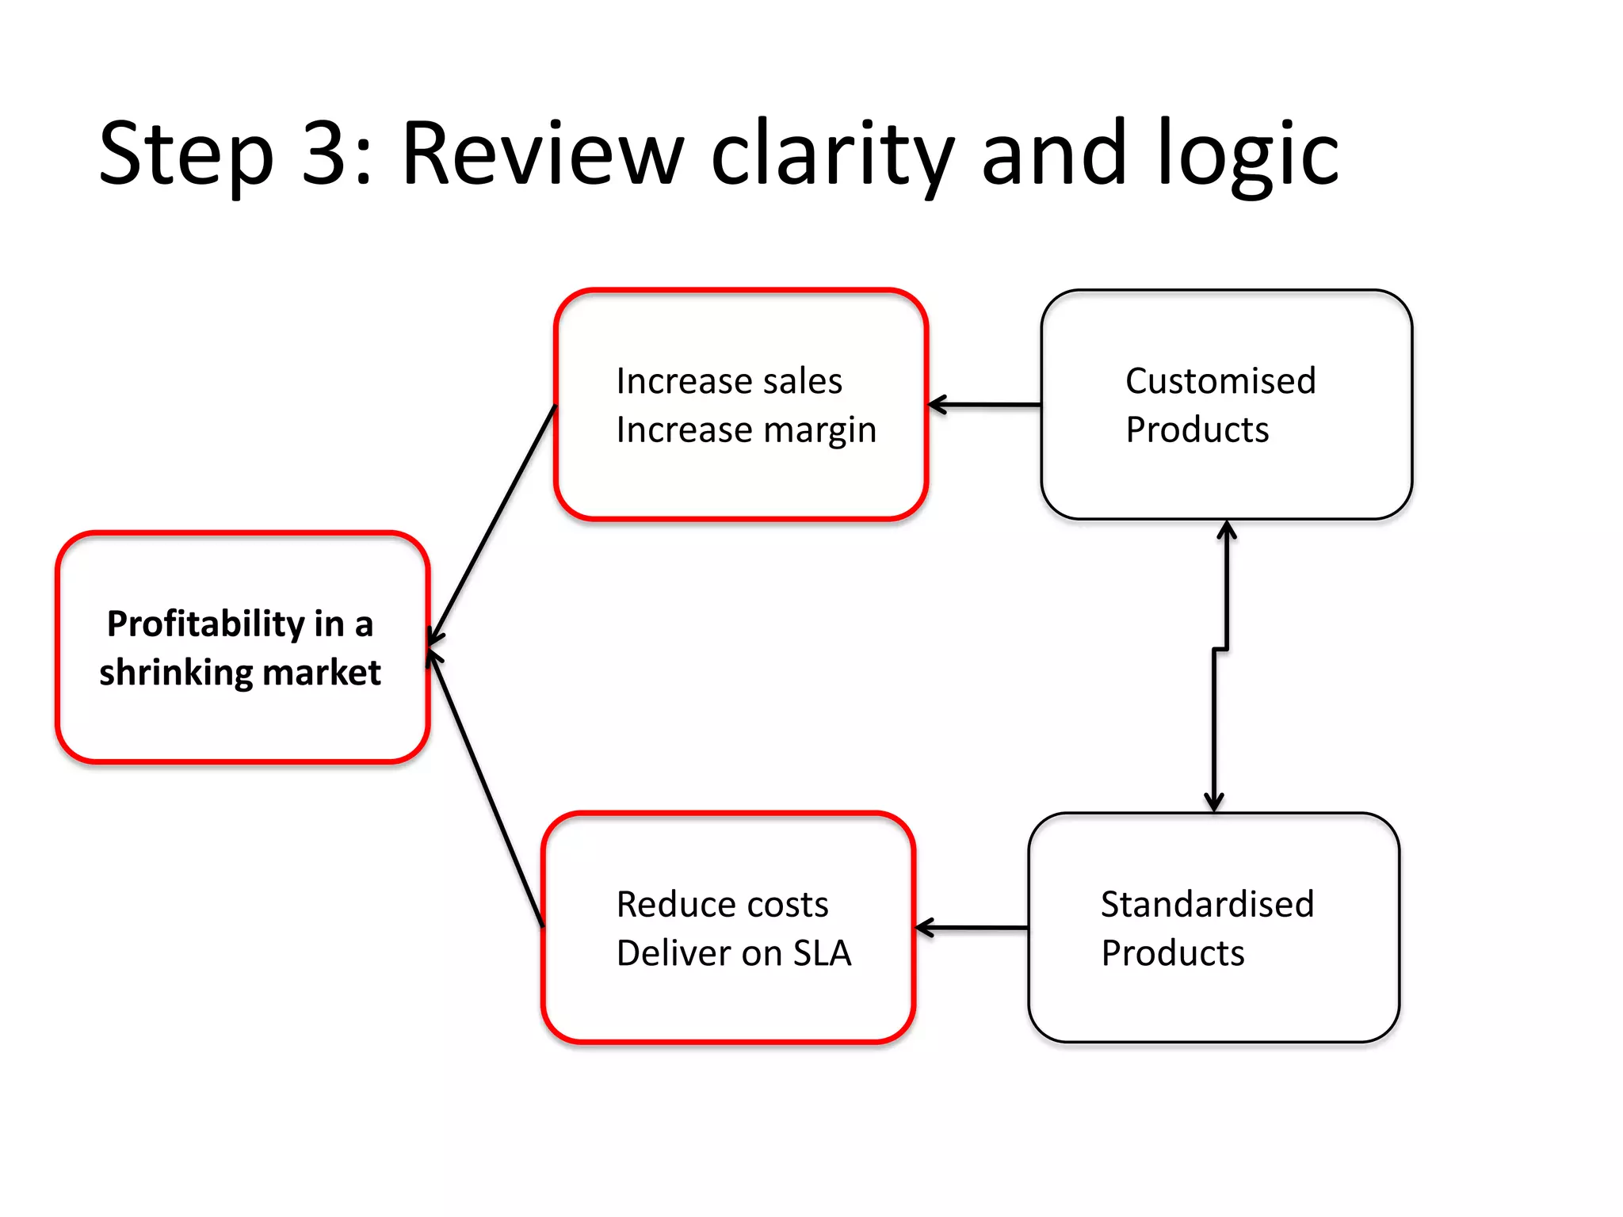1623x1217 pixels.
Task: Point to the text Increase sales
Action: click(x=729, y=381)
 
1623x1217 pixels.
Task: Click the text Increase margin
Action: click(x=746, y=430)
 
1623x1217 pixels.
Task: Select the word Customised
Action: click(x=1220, y=381)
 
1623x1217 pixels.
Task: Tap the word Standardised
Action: click(x=1207, y=904)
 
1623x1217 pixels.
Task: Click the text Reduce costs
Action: click(x=722, y=904)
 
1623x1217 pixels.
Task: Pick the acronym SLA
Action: click(x=822, y=953)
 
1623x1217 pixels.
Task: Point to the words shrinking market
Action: click(x=239, y=673)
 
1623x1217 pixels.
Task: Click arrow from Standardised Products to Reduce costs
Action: click(x=972, y=927)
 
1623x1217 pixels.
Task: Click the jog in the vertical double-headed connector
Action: click(x=1220, y=650)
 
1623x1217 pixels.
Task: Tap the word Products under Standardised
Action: click(x=1172, y=953)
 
